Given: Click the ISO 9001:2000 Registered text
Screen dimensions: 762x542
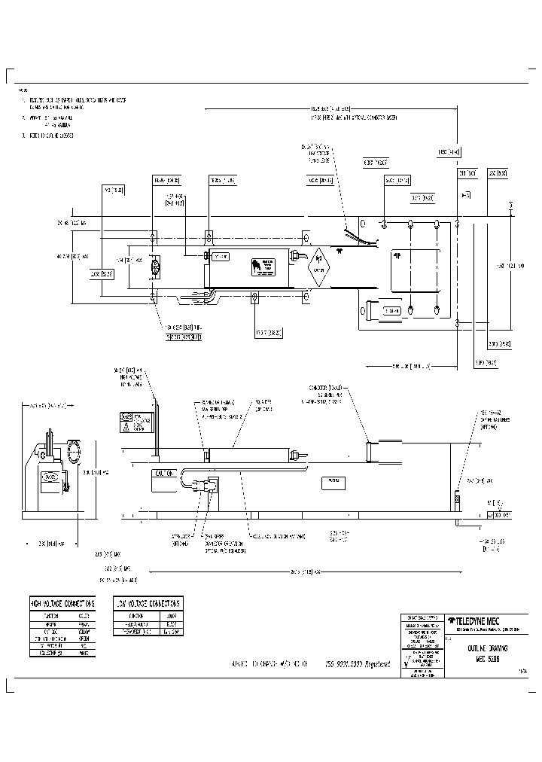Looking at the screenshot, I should (358, 664).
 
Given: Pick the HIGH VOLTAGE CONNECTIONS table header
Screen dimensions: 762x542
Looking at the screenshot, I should (62, 604).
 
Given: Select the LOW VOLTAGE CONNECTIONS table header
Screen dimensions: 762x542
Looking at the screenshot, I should (148, 604).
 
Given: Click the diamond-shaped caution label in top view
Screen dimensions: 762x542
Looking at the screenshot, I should (318, 267).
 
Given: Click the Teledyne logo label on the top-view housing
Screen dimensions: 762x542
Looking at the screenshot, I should (263, 267).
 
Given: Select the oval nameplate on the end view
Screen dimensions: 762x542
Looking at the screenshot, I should (50, 476).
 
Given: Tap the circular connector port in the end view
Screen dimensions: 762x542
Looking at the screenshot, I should (75, 453).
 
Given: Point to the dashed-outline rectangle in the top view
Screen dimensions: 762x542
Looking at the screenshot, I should (415, 267).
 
